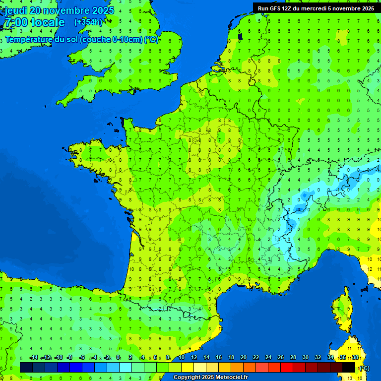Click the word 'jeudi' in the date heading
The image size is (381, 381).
(x=17, y=10)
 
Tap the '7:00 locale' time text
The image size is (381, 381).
(x=35, y=22)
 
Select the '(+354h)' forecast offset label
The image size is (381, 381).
(x=88, y=22)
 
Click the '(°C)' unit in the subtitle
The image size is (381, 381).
(x=152, y=40)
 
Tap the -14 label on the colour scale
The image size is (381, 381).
(x=34, y=358)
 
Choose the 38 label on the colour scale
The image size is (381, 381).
(x=355, y=358)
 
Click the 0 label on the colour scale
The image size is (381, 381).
(x=118, y=358)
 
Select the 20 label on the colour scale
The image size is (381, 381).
(x=244, y=358)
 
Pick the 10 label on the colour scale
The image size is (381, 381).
(x=182, y=358)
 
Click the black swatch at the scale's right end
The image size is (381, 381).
(x=349, y=367)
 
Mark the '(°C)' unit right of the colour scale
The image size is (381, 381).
(x=364, y=368)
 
